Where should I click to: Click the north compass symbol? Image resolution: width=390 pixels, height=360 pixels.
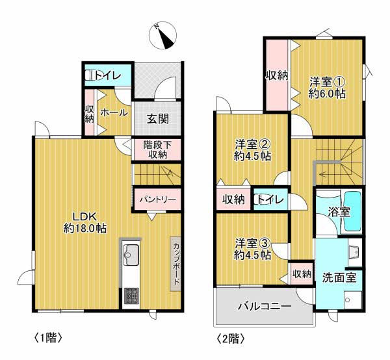(x=162, y=35)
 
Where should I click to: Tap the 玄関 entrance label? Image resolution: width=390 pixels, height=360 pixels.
(x=158, y=119)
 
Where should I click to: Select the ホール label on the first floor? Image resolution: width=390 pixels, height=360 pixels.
(x=114, y=113)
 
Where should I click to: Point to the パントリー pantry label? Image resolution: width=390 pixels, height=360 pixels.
(x=158, y=199)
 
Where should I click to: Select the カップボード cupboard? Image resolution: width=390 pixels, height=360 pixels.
(x=175, y=264)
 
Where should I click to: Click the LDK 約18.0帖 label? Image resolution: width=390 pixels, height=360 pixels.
(x=84, y=222)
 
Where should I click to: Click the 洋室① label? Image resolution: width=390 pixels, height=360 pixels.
(x=327, y=87)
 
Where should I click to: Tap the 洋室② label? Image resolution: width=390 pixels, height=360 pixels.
(x=252, y=150)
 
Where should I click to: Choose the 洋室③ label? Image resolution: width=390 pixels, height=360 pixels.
(x=252, y=249)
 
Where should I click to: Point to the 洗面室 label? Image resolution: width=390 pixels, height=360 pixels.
(x=339, y=277)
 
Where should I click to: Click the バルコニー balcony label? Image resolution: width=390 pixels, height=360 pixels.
(x=265, y=306)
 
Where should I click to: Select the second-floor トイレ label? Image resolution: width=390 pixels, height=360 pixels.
(x=271, y=199)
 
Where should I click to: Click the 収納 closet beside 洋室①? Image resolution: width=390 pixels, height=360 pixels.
(x=277, y=75)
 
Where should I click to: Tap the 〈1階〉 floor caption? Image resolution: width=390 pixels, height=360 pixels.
(x=47, y=338)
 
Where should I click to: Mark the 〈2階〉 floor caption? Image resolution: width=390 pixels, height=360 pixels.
(x=231, y=339)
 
